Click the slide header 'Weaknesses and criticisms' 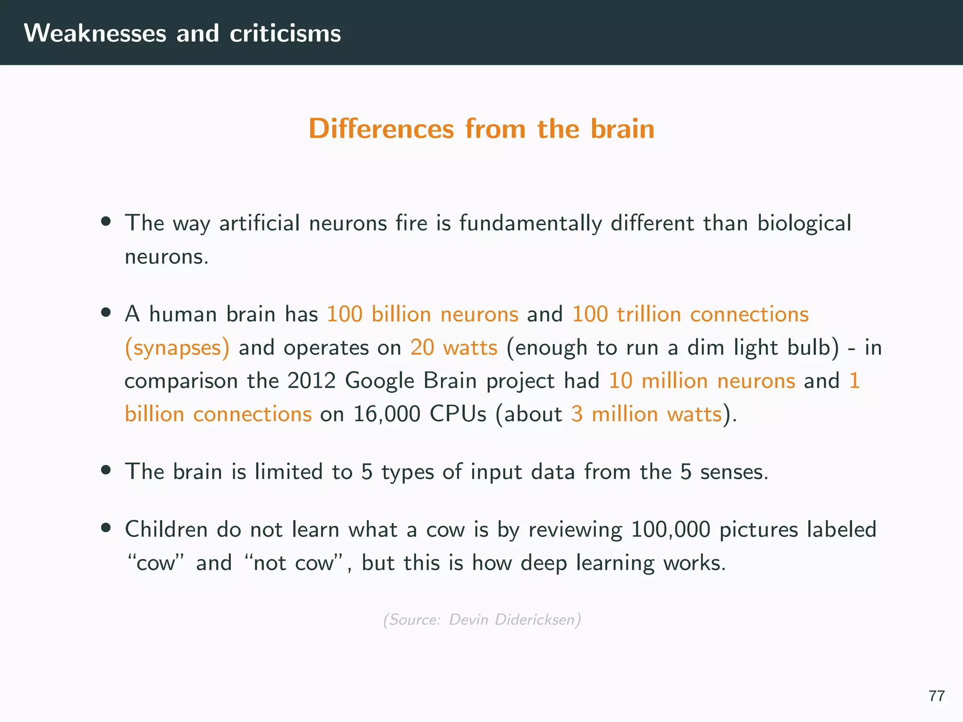182,33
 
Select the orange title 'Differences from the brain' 481,129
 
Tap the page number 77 937,696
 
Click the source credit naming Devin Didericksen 482,620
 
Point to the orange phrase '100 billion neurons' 422,314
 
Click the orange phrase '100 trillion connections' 690,314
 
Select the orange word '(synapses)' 177,348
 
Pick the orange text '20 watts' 454,348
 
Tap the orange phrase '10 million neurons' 702,381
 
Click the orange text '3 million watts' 646,414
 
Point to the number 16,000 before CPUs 387,415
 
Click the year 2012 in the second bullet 311,381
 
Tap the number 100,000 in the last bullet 670,530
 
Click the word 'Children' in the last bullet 166,529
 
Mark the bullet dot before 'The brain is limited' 106,470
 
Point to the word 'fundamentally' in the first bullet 530,223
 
